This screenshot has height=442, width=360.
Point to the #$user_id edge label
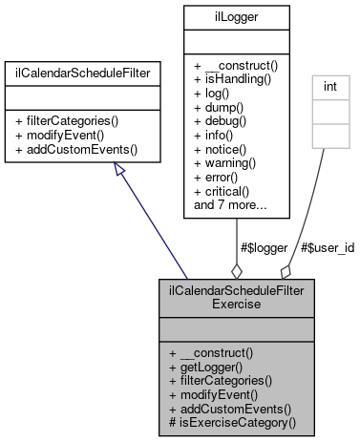[328, 247]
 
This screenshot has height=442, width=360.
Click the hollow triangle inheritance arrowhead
[119, 170]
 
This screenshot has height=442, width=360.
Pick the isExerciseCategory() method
[232, 421]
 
